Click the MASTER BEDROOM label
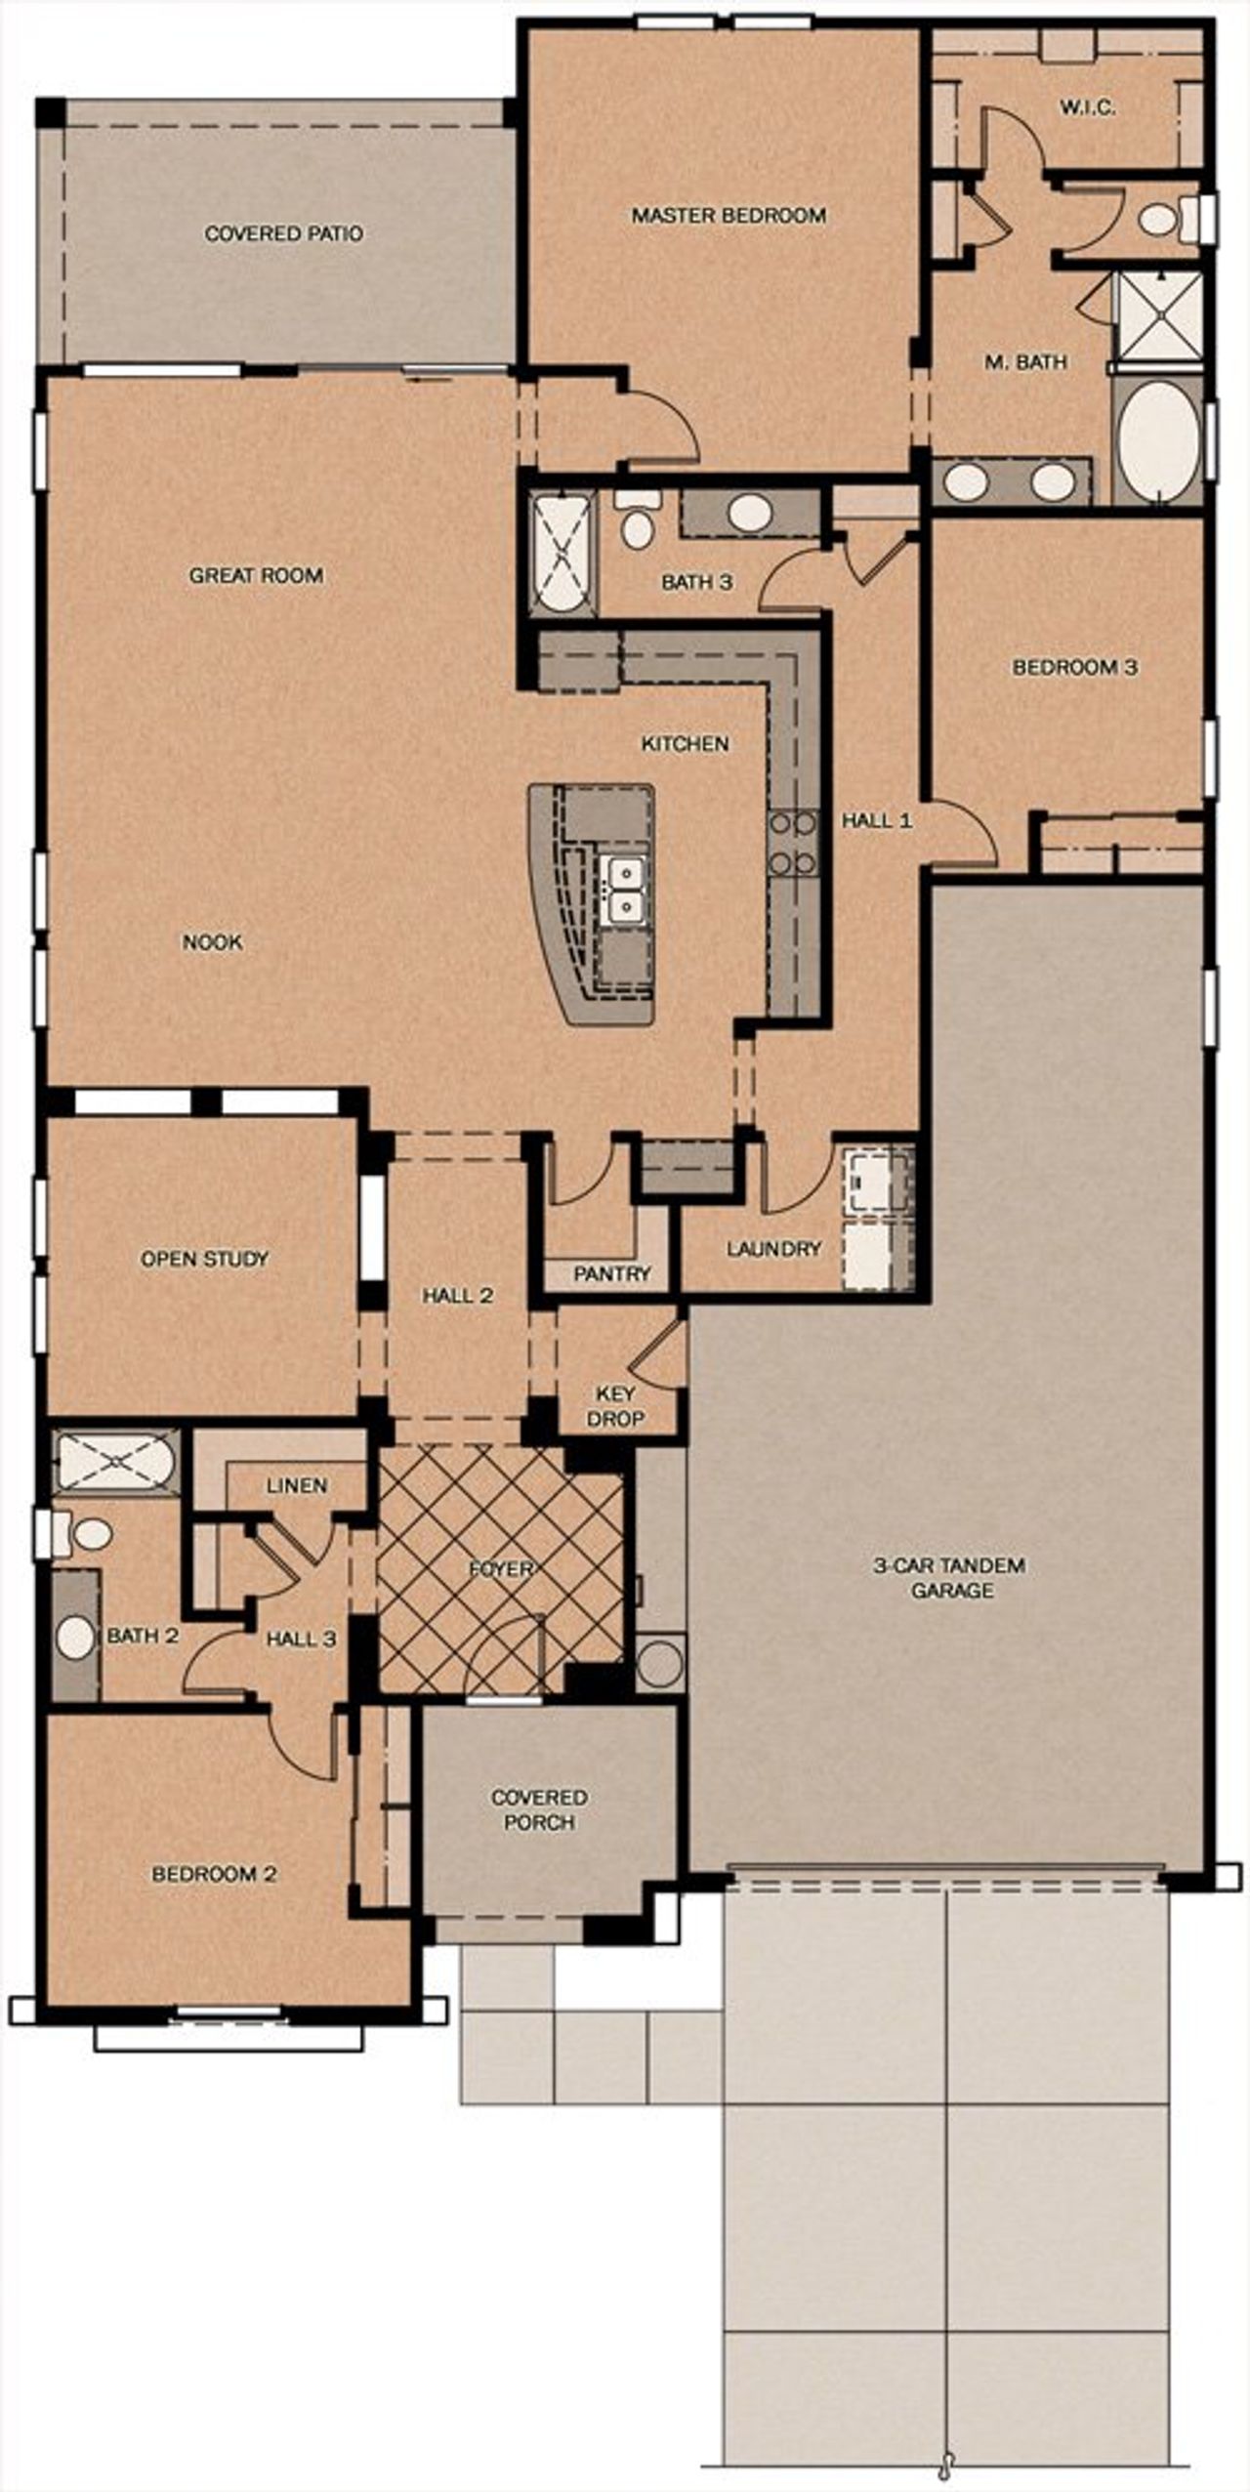pos(729,215)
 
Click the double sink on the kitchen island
pos(622,889)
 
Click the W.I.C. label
pos(1088,107)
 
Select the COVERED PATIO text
pos(283,233)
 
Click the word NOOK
pos(212,942)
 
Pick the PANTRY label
pos(612,1273)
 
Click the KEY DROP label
pos(615,1406)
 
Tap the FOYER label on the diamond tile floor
pos(501,1569)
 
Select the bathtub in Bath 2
pos(115,1462)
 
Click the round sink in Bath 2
pos(75,1638)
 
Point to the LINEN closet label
pos(297,1485)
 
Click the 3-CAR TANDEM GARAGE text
pos(952,1578)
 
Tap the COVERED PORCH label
pos(539,1809)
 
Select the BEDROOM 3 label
pos(1074,668)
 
